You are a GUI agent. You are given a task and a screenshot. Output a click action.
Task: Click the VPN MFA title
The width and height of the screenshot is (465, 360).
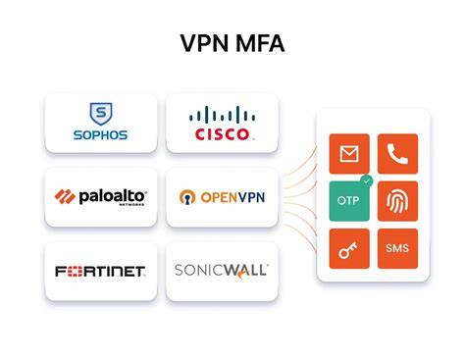pyautogui.click(x=232, y=43)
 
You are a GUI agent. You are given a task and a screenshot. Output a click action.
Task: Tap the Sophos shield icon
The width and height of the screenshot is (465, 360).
pyautogui.click(x=101, y=114)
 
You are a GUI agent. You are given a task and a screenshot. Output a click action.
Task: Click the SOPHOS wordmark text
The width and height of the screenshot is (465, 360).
pyautogui.click(x=100, y=135)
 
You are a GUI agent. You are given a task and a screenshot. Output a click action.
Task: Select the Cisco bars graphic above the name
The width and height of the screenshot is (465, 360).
pyautogui.click(x=222, y=115)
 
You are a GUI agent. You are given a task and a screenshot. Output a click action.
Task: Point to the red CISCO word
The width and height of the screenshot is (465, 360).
pyautogui.click(x=222, y=134)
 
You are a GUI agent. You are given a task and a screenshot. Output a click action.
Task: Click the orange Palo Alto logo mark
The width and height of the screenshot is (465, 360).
pyautogui.click(x=65, y=196)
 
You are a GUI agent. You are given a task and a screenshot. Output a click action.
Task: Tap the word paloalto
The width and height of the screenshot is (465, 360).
pyautogui.click(x=112, y=196)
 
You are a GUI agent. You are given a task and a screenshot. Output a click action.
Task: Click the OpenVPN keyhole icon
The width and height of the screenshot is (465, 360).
pyautogui.click(x=187, y=197)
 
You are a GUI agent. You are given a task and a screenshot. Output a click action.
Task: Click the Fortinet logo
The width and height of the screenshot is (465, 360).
pyautogui.click(x=100, y=272)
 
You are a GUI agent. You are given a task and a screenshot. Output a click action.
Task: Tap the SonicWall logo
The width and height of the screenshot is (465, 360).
pyautogui.click(x=222, y=271)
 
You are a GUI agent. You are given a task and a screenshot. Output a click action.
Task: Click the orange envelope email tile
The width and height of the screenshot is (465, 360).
pyautogui.click(x=349, y=154)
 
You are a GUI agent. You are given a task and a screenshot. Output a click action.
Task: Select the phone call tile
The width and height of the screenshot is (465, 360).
pyautogui.click(x=397, y=154)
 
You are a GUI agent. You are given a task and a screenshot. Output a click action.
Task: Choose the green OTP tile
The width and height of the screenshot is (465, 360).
pyautogui.click(x=349, y=201)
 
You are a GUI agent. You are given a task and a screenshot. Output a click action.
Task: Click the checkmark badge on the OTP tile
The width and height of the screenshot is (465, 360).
pyautogui.click(x=367, y=180)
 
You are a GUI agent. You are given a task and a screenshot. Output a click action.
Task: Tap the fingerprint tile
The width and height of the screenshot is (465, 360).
pyautogui.click(x=397, y=201)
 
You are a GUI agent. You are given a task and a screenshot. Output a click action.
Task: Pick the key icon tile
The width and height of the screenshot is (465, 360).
pyautogui.click(x=349, y=248)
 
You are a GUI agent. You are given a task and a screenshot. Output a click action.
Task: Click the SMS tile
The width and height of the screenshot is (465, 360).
pyautogui.click(x=397, y=248)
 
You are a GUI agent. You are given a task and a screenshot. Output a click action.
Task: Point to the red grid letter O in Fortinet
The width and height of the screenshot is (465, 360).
pyautogui.click(x=75, y=272)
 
